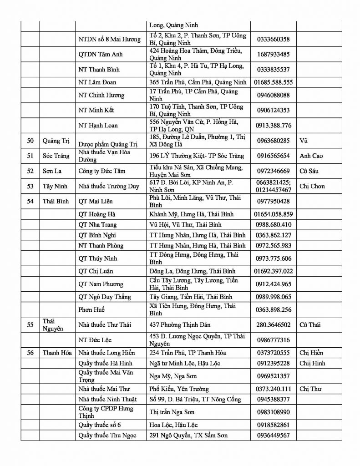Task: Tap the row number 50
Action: (30, 141)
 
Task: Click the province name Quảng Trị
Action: (56, 141)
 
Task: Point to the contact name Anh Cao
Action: (311, 156)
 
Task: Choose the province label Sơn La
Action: (52, 171)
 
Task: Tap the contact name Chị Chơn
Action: (312, 186)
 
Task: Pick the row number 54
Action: (30, 201)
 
